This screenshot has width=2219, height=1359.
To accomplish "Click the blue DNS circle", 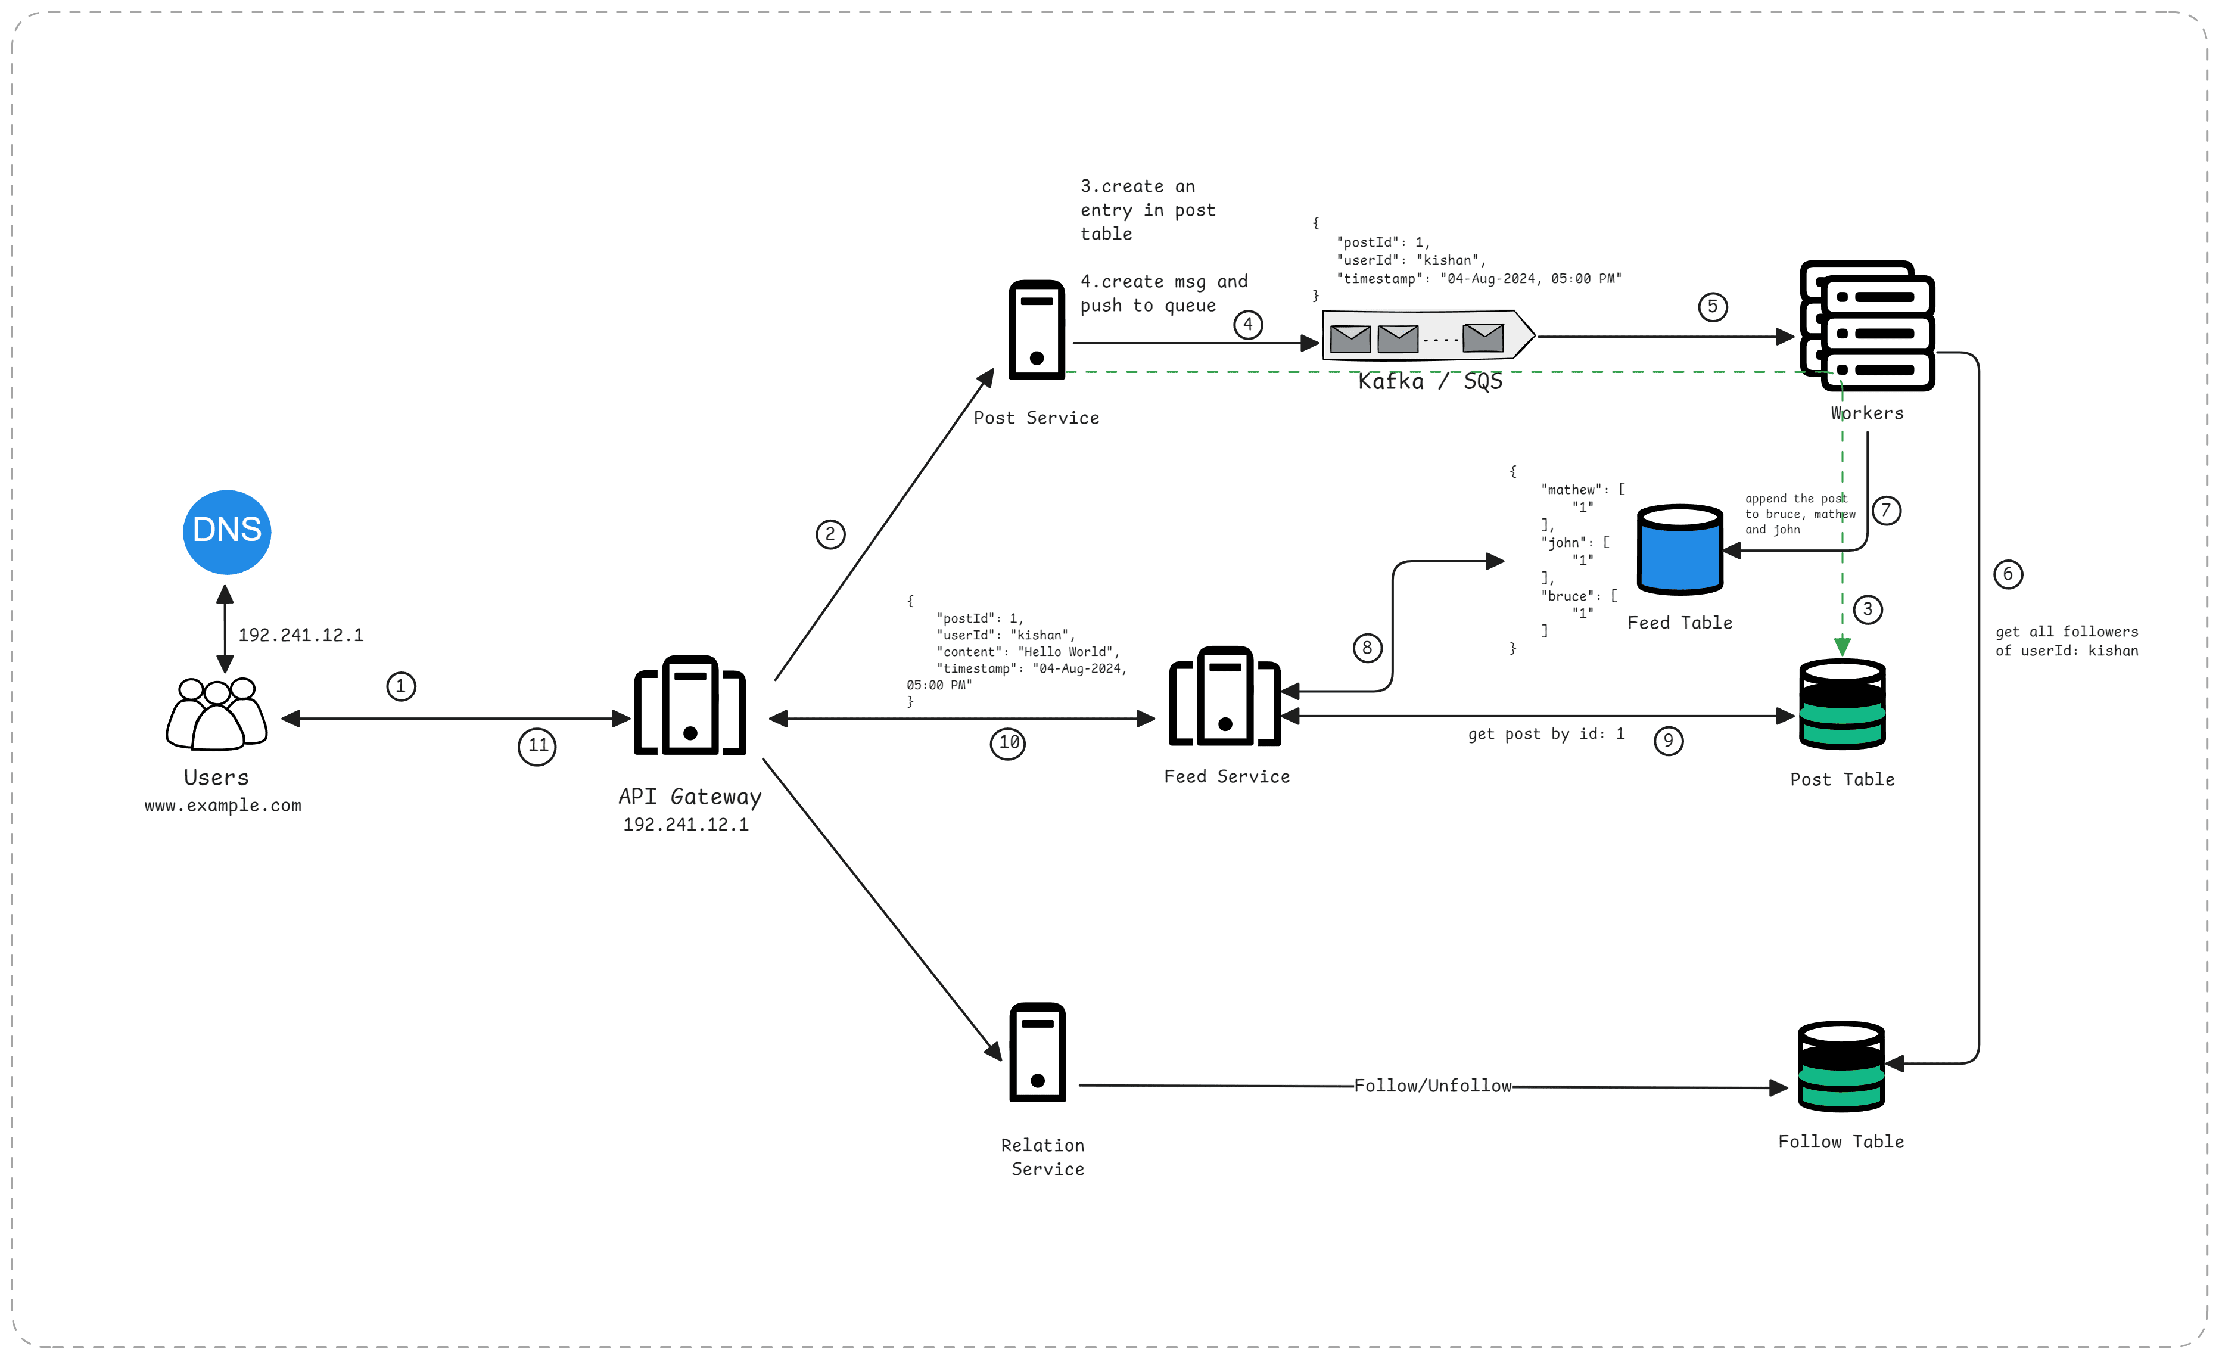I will [227, 532].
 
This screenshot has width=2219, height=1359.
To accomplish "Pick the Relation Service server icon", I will [1038, 1052].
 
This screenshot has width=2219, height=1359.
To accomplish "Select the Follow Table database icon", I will [1841, 1066].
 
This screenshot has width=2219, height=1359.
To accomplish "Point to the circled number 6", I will [2008, 574].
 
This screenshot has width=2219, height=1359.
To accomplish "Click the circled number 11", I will [538, 746].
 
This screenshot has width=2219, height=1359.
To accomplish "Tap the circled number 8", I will [1367, 648].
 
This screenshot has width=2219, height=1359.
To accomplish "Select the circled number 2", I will [830, 534].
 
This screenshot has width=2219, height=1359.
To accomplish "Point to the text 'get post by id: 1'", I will [1545, 734].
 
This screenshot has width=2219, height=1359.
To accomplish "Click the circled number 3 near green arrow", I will [1868, 609].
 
